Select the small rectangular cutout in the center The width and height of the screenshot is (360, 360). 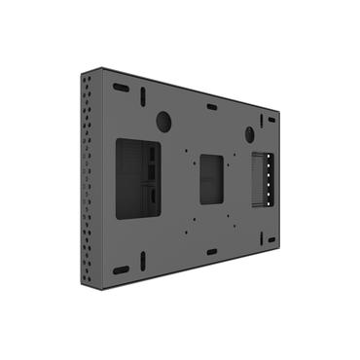pos(213,179)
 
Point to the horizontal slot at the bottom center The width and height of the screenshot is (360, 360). pos(211,252)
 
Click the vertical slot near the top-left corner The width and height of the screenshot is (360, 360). pos(142,98)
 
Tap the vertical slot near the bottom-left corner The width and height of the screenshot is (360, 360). pos(142,261)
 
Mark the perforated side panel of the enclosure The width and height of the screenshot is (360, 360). pos(90,180)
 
